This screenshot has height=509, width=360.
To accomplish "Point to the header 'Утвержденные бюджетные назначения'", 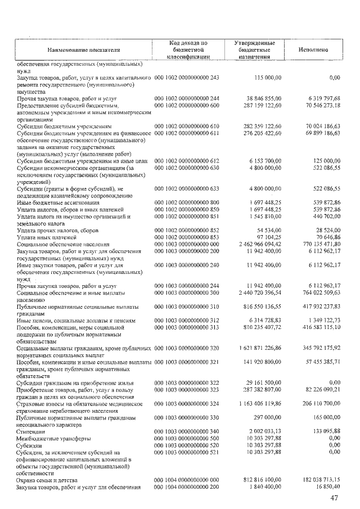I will [254, 50].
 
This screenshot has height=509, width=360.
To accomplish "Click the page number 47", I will [335, 498].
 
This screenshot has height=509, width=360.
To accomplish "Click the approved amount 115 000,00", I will [268, 77].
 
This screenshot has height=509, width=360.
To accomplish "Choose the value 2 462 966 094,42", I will [259, 245].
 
